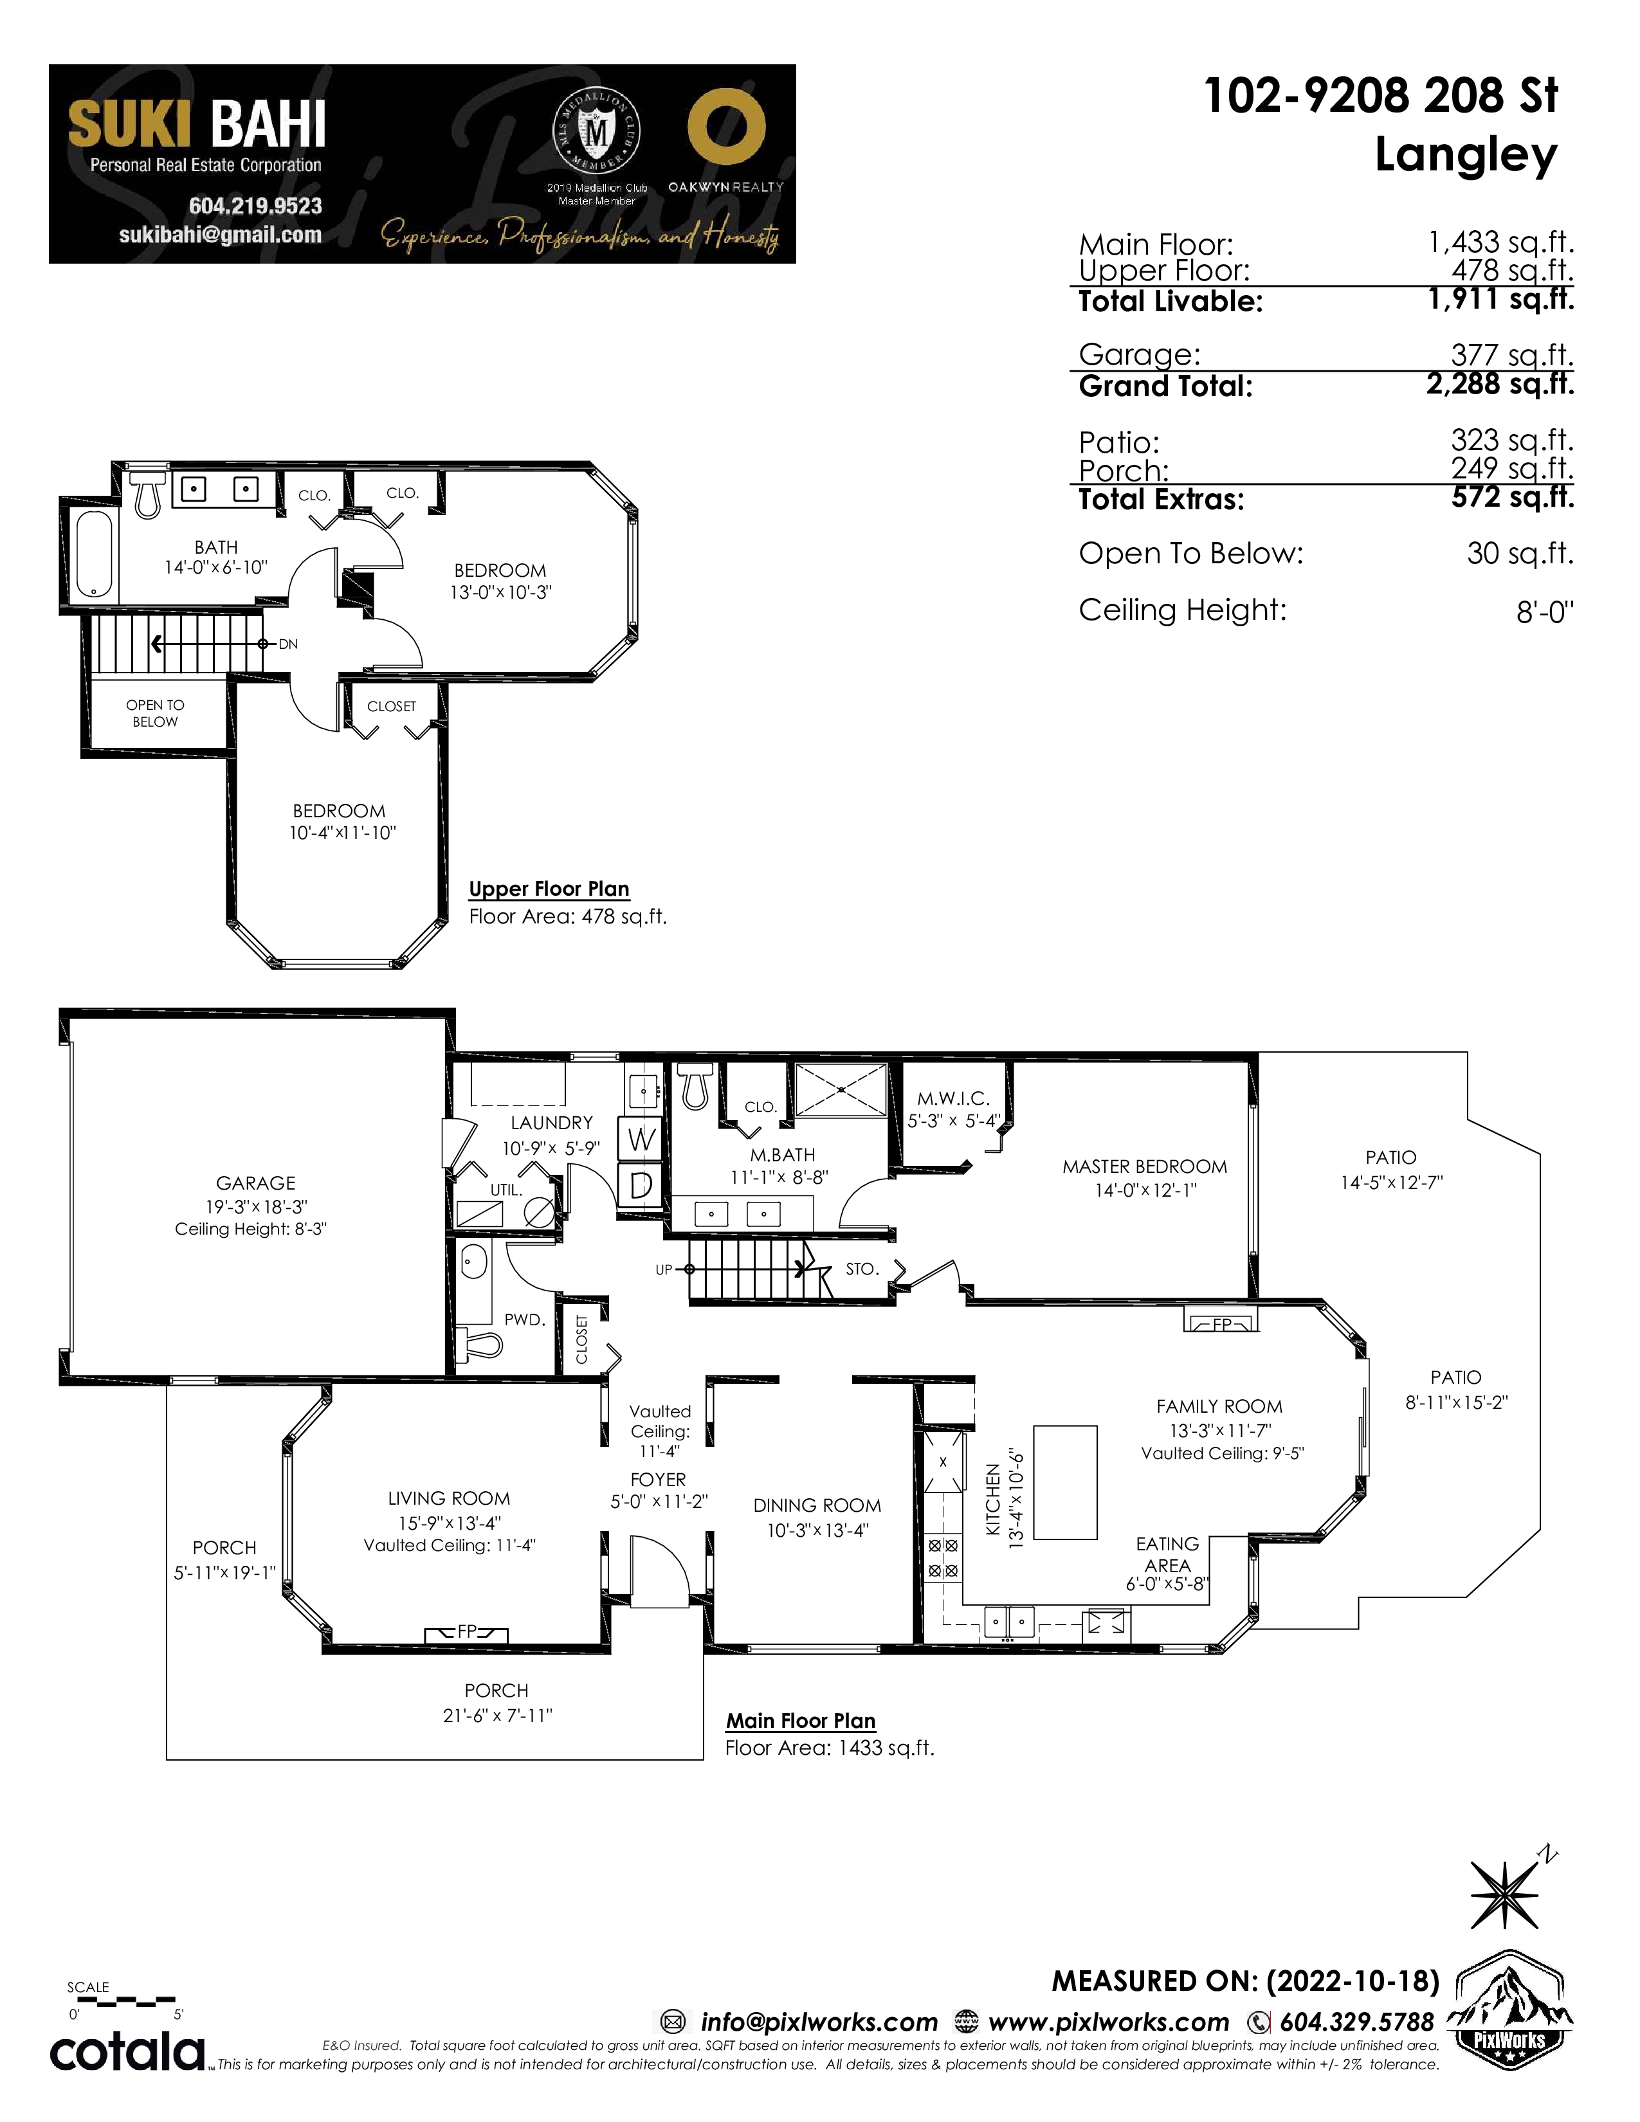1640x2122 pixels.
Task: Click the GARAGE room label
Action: click(x=255, y=1183)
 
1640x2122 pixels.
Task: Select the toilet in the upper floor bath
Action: click(x=147, y=494)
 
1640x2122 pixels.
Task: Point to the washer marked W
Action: click(x=641, y=1139)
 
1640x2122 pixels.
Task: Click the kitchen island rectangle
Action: click(x=1065, y=1482)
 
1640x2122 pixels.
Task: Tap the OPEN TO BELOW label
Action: click(x=156, y=713)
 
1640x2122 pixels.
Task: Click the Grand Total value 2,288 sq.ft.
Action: click(x=1500, y=385)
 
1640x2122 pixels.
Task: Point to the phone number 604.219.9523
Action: click(x=255, y=206)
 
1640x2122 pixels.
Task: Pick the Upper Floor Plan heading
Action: click(x=549, y=889)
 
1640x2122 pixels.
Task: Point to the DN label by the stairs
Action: click(x=287, y=644)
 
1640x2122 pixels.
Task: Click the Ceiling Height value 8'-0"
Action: click(x=1545, y=612)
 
